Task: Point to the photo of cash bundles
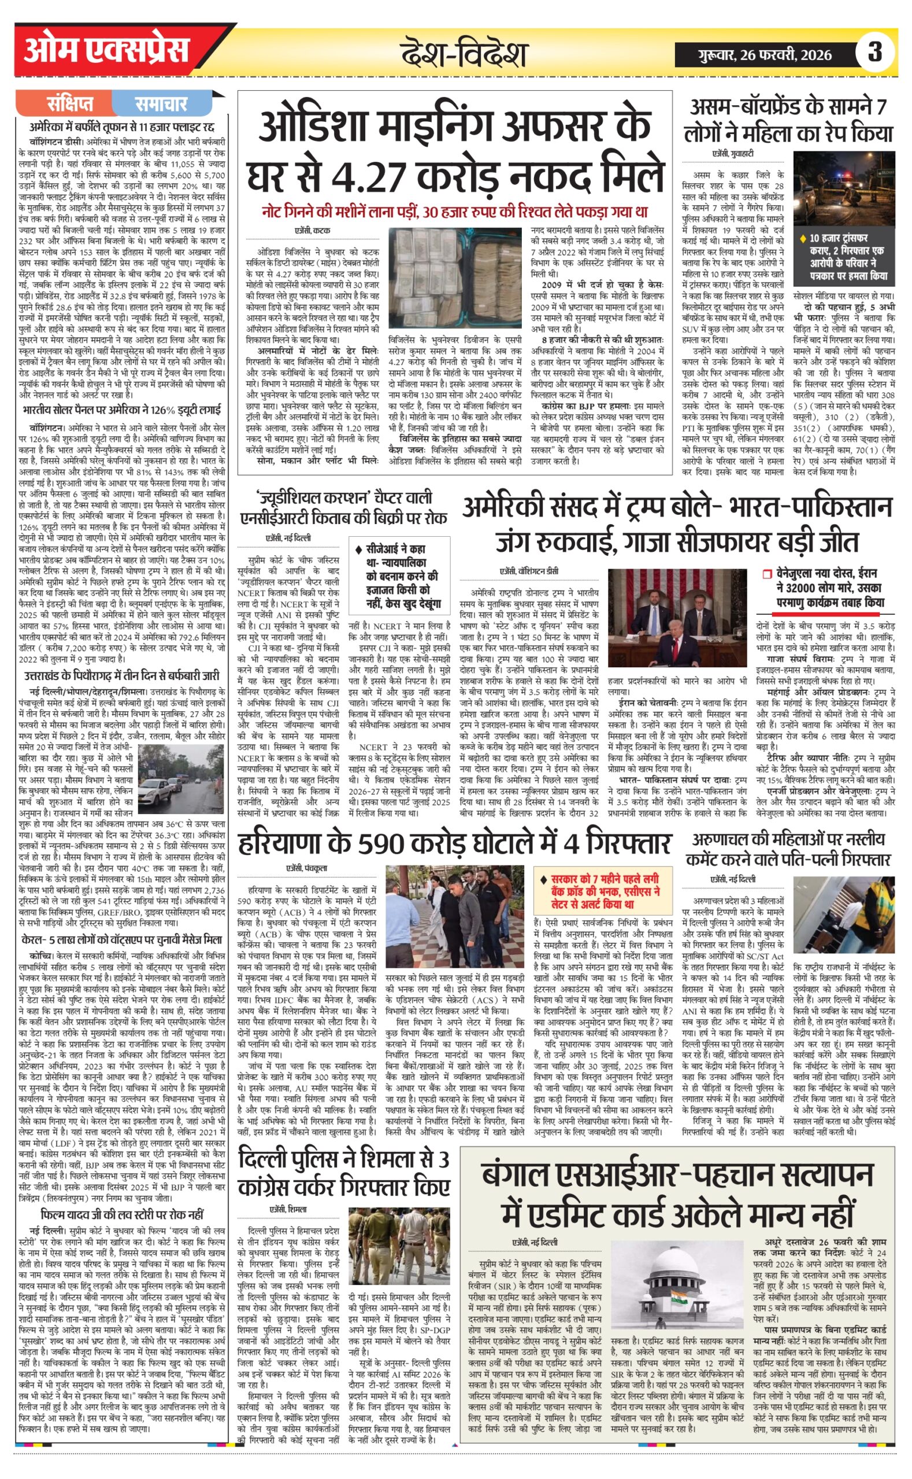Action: pos(455,277)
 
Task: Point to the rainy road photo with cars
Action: pos(181,779)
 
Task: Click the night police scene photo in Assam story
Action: pos(844,188)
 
